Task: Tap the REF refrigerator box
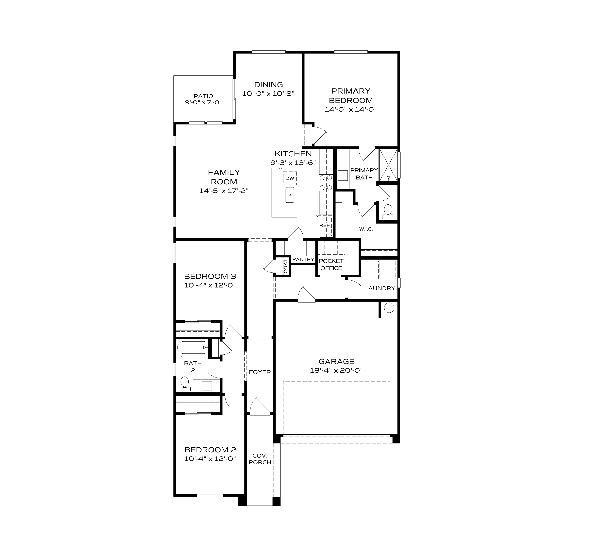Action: [325, 225]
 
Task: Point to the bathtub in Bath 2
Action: [192, 348]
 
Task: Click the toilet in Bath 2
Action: [185, 383]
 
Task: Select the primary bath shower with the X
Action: [388, 165]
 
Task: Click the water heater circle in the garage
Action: [389, 308]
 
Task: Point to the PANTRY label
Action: [303, 259]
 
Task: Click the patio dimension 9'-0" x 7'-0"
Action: [203, 102]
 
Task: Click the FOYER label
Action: [260, 372]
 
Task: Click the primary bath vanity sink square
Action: [343, 176]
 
